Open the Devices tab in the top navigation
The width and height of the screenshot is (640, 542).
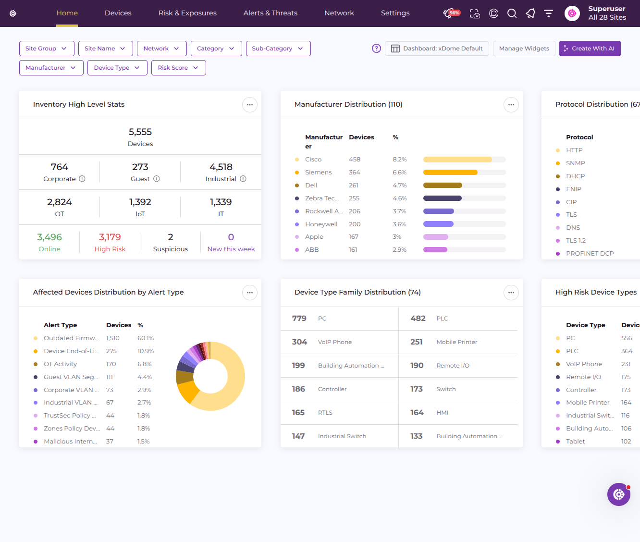118,13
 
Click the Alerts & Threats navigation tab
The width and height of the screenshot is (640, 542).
271,13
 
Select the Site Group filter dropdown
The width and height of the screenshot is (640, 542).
47,49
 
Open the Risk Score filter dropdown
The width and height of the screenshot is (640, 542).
178,68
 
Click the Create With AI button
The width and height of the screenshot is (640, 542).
590,49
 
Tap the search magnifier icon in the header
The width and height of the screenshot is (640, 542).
512,13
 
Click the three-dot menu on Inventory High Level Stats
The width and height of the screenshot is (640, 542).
249,105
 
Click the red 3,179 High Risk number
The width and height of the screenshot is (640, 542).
110,237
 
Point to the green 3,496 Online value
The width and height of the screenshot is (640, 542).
49,237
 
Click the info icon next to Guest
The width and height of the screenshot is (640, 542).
157,179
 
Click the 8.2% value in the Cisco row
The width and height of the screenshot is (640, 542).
399,160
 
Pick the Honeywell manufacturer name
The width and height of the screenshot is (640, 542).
321,224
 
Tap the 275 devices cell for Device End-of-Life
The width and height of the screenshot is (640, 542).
111,351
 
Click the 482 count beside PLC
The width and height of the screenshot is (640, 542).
418,319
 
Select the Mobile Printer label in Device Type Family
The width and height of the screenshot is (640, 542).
457,342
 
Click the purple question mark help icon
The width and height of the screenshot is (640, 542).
376,49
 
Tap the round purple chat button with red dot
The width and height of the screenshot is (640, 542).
619,494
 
